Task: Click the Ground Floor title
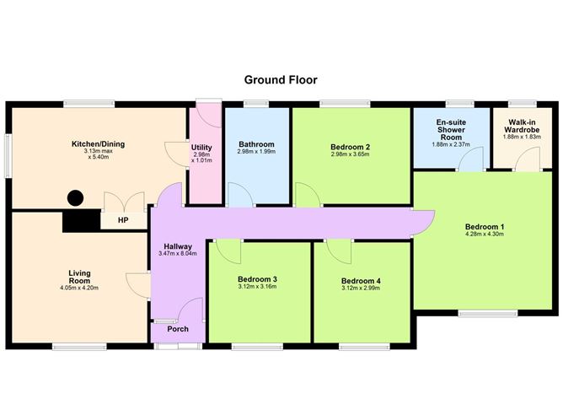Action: (x=281, y=80)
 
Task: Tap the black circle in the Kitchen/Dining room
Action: (x=75, y=198)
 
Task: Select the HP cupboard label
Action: (x=123, y=220)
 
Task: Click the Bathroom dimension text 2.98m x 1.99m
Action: (x=256, y=152)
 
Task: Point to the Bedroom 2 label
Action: (x=350, y=147)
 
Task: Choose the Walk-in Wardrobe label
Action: (x=522, y=127)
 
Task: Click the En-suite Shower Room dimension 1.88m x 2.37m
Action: (x=451, y=144)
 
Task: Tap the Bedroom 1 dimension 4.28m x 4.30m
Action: (x=485, y=234)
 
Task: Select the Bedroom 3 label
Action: (x=257, y=279)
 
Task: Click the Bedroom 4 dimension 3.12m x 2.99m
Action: (x=361, y=289)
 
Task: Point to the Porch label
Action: (x=178, y=329)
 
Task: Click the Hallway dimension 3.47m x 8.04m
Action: (x=178, y=253)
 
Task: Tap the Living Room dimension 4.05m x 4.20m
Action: (x=79, y=288)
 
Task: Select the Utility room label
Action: (x=201, y=148)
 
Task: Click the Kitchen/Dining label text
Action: (x=98, y=144)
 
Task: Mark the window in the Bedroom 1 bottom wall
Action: (x=488, y=314)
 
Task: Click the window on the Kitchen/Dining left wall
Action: (x=8, y=156)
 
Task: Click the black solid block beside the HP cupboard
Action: (x=81, y=221)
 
